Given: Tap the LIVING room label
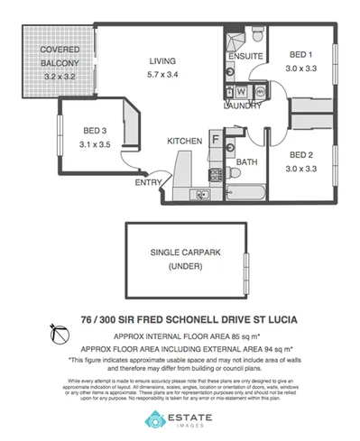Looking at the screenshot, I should pyautogui.click(x=167, y=62).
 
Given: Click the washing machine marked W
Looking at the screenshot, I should pyautogui.click(x=240, y=91).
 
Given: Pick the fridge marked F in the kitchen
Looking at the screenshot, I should pyautogui.click(x=216, y=138).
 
